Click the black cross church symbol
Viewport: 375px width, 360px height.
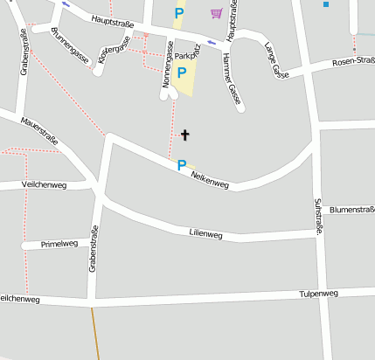(x=184, y=135)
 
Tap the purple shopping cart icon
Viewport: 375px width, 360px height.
(x=216, y=13)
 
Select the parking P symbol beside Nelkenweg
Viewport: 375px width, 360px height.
(x=182, y=164)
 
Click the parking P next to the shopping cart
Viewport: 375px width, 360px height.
(x=179, y=13)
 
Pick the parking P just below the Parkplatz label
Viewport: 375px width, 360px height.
(x=182, y=73)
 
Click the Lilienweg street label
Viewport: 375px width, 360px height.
(x=206, y=234)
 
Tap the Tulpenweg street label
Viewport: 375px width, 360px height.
(x=318, y=294)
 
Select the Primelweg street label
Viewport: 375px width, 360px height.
(x=60, y=244)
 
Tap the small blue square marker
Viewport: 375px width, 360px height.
(x=326, y=4)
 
